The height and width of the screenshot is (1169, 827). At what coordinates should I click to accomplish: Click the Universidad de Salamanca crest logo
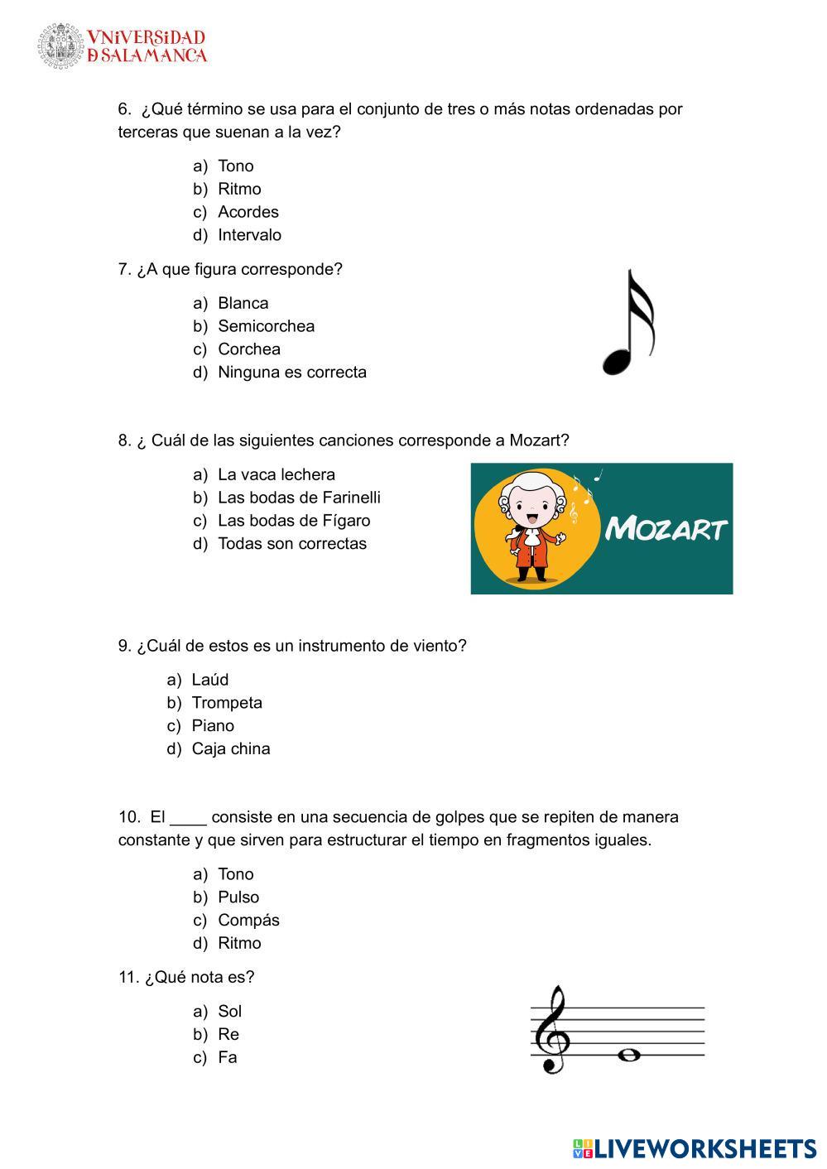[x=60, y=46]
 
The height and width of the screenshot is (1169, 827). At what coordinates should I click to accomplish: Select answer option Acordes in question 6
[x=248, y=212]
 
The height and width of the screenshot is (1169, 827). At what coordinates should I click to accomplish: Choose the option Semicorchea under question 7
[x=266, y=326]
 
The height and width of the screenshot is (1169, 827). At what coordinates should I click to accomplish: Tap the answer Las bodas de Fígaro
[x=294, y=521]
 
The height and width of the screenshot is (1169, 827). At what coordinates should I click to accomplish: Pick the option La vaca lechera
[x=276, y=474]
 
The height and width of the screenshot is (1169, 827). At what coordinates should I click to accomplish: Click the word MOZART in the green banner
[x=666, y=528]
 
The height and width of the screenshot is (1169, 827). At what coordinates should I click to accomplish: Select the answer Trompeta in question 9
[x=227, y=703]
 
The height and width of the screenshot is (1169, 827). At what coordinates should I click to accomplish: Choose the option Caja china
[x=230, y=748]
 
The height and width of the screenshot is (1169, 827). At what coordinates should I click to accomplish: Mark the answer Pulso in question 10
[x=238, y=897]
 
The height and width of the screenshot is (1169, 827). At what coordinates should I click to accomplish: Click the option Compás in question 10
[x=248, y=921]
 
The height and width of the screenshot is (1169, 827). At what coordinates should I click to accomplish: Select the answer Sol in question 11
[x=229, y=1012]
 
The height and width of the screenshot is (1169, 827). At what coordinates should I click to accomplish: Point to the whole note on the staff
[x=630, y=1055]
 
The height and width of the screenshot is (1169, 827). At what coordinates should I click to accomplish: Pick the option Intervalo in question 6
[x=249, y=235]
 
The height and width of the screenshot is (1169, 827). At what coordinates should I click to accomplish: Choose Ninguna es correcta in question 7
[x=291, y=373]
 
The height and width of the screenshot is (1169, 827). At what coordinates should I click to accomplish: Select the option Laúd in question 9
[x=209, y=680]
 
